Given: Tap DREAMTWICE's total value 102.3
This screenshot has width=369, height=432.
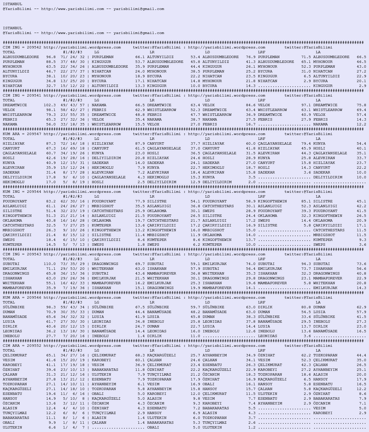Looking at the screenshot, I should pos(50,105).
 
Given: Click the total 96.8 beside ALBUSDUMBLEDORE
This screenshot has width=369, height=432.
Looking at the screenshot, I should pos(51,57).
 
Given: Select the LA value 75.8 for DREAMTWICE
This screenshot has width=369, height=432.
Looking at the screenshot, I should pos(361,105).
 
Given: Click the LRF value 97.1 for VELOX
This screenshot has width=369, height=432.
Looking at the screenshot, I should pos(306,105).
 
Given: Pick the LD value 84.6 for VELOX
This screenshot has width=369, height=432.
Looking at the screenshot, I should pos(251,105).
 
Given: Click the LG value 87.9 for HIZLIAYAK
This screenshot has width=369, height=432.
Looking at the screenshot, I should pos(140,144).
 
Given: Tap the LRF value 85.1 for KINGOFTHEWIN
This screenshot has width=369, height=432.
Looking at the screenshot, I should pos(306,201).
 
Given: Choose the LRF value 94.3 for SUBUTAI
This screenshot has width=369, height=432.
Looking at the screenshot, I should pos(306,264).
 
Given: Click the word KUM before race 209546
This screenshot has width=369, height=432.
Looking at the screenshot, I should pos(7,298).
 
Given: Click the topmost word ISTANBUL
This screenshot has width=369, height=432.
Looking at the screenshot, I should pos(12,4).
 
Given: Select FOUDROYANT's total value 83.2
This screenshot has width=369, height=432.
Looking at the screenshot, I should pos(51,201).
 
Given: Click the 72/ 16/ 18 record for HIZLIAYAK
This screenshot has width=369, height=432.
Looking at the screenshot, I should pos(73,144).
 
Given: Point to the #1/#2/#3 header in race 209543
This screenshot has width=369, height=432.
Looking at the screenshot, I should pos(73,259).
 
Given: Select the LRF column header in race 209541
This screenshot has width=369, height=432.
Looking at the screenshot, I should pos(261,100).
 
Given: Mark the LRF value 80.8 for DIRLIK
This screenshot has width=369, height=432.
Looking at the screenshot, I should pos(306,307).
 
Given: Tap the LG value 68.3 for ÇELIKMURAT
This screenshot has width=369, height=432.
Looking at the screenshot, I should pos(140,355).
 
